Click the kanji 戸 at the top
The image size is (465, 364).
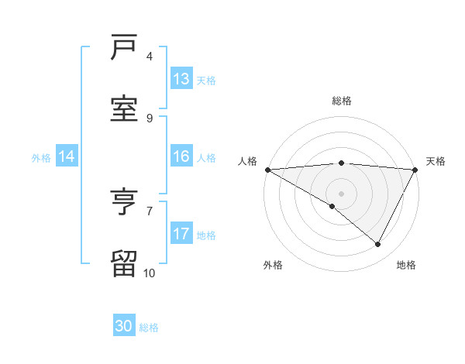pos(124,49)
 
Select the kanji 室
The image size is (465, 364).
pos(124,108)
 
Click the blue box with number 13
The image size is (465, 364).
pos(181,79)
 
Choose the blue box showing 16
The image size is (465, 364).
pos(181,156)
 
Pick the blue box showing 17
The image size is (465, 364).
pos(181,234)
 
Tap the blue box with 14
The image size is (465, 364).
pos(67,157)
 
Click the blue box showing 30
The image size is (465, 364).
pos(124,327)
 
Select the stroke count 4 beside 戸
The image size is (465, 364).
pos(150,57)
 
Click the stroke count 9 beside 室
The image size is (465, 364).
pos(150,118)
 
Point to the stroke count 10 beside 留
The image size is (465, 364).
pos(149,273)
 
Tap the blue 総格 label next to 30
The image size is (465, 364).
pos(150,328)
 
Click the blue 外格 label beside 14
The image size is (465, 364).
pos(41,158)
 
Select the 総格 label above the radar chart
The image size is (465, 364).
pos(341,101)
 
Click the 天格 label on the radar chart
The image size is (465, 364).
pos(436,161)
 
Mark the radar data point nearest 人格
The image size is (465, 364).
pos(267,169)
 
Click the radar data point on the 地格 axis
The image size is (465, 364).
pos(378,244)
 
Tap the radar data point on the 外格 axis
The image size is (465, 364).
pos(332,206)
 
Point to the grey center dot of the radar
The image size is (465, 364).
pos(341,193)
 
